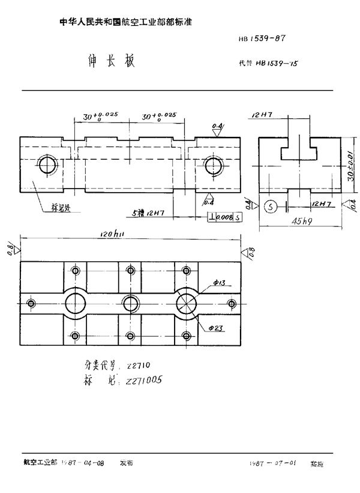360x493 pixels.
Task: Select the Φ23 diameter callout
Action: pos(218,328)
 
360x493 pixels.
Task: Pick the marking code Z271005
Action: pos(144,380)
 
